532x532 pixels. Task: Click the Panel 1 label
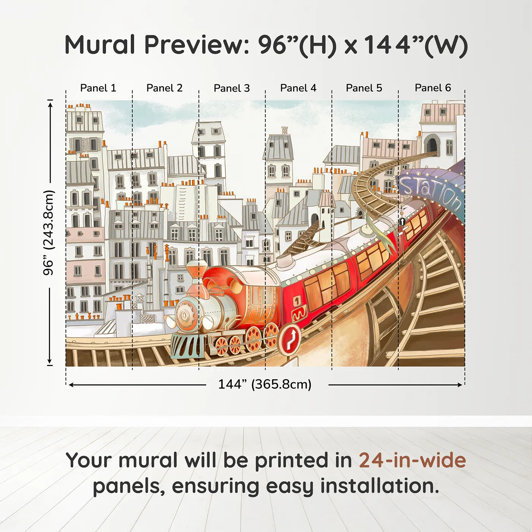click(x=98, y=88)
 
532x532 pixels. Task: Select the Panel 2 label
click(x=165, y=88)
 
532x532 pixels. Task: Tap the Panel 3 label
click(x=232, y=88)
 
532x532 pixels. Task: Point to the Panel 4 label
click(x=298, y=88)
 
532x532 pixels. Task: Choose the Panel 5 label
click(x=364, y=88)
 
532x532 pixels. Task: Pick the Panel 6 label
click(x=433, y=88)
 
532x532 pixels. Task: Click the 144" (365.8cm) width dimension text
click(x=265, y=384)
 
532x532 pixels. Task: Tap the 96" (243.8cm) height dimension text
click(x=49, y=233)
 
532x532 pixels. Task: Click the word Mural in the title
click(x=100, y=45)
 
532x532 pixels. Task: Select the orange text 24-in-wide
click(x=412, y=461)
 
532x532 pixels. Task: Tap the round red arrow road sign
click(x=290, y=339)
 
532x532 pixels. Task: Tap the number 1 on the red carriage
click(x=298, y=301)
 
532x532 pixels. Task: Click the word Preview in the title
click(x=196, y=45)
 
